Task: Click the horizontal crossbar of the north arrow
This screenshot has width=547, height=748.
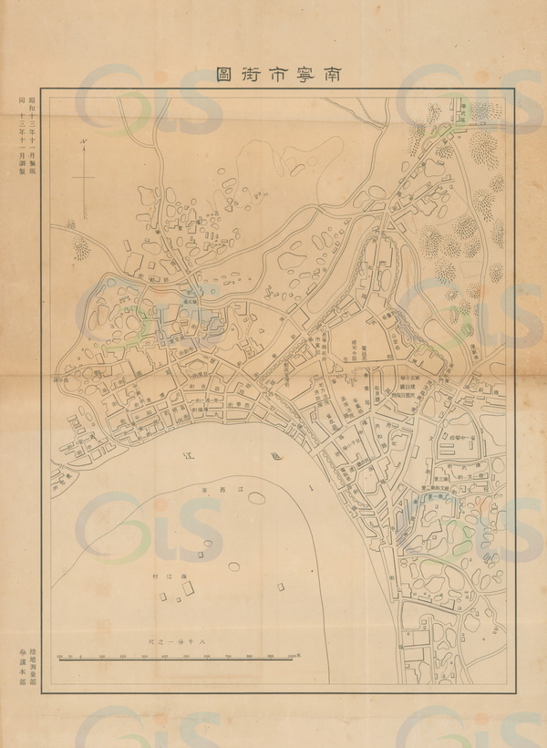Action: pyautogui.click(x=82, y=174)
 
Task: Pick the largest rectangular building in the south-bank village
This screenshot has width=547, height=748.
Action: pyautogui.click(x=188, y=587)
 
